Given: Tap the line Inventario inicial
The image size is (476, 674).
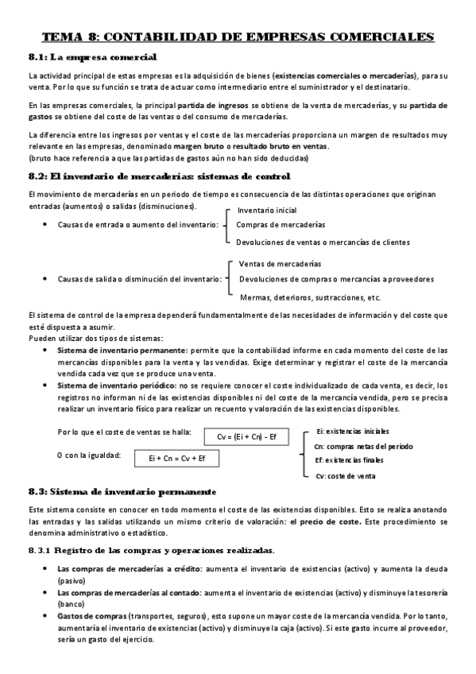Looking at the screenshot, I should [267, 211].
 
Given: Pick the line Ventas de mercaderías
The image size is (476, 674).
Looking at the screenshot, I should [281, 264].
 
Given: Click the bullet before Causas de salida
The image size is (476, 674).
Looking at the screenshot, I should [45, 279].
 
